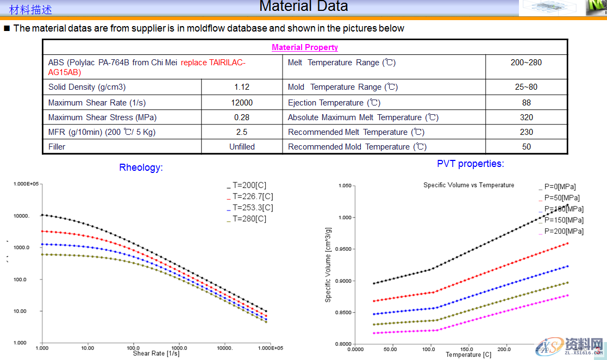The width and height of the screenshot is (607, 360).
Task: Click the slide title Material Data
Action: coord(303,7)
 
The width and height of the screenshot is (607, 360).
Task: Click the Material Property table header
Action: coord(305,47)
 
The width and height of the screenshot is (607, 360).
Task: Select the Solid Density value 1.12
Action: coord(242,87)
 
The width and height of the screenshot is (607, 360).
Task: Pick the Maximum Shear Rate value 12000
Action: coord(242,103)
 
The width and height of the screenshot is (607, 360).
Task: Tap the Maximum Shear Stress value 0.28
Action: coord(242,117)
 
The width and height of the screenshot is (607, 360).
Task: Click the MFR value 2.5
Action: coord(242,132)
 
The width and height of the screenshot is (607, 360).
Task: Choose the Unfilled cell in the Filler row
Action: coord(242,147)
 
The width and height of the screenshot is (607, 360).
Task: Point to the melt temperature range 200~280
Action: coord(526,63)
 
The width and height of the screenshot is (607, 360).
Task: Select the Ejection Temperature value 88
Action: coord(526,103)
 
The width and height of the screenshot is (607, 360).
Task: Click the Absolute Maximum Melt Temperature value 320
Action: coord(526,117)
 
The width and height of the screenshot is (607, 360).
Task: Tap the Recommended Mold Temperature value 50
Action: coord(526,147)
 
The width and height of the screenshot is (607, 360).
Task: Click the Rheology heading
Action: coord(141,167)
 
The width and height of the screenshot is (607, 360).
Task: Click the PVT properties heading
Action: coord(470,164)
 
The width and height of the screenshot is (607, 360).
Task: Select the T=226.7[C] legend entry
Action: coord(253,196)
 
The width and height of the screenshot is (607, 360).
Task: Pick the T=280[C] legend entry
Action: coord(249,219)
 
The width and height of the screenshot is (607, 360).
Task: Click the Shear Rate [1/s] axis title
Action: coord(156,353)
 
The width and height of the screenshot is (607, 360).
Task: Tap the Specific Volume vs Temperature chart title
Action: coord(468,185)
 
